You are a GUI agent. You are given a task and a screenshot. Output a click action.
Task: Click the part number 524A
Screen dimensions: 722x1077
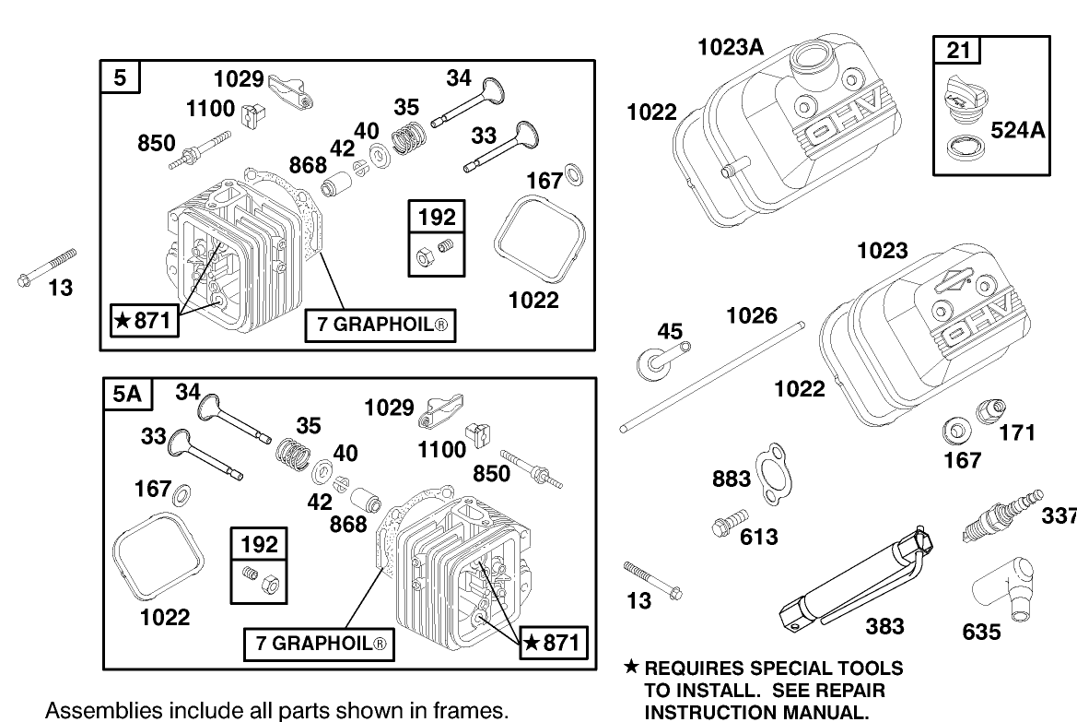pos(1018,131)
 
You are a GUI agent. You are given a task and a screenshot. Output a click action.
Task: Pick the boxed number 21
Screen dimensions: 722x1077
pos(959,50)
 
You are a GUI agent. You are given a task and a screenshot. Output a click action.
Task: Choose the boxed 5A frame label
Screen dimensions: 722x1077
pos(126,395)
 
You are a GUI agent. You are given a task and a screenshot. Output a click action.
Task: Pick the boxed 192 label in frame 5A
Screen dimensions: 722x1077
pos(259,544)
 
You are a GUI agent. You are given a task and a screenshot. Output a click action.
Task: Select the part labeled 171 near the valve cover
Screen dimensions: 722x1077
pos(993,410)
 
